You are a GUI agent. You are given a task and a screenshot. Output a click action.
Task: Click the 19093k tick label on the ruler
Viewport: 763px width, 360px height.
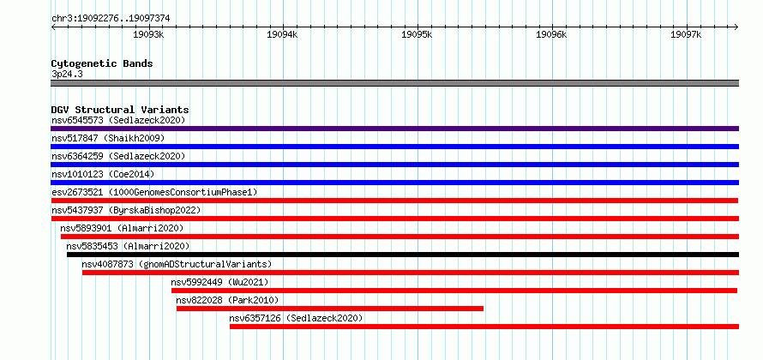[x=148, y=34]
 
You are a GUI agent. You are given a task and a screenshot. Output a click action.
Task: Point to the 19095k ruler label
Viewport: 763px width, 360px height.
[x=417, y=34]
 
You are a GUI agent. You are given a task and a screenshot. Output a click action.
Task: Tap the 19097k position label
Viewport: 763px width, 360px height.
[x=686, y=34]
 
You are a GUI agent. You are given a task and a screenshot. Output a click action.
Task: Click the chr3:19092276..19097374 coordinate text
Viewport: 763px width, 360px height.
[x=111, y=19]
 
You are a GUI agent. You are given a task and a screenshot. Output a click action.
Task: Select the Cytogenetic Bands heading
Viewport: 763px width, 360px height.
[x=102, y=63]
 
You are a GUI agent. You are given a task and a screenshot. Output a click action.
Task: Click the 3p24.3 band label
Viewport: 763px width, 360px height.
[x=66, y=75]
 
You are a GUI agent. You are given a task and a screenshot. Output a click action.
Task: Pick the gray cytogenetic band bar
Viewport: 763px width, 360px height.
[x=394, y=83]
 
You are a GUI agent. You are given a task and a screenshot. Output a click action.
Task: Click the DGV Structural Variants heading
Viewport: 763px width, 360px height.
[x=120, y=110]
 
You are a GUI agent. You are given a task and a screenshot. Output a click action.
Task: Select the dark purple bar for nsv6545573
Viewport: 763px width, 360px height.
[x=394, y=129]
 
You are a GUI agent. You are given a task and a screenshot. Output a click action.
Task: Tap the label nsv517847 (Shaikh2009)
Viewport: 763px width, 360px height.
[x=108, y=138]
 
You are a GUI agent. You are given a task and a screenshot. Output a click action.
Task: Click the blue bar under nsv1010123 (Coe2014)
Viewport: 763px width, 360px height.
[x=394, y=183]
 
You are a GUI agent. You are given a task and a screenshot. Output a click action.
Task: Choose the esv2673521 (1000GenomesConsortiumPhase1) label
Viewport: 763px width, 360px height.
[x=154, y=192]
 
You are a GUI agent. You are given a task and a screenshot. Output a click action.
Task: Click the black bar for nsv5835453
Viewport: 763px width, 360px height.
[x=403, y=255]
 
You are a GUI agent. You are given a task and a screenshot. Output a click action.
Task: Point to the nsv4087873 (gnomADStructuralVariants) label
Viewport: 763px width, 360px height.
[x=177, y=264]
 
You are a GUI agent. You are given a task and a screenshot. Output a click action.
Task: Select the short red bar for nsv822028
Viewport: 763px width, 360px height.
[x=330, y=309]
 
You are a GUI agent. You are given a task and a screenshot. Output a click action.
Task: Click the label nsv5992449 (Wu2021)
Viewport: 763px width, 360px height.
[x=219, y=282]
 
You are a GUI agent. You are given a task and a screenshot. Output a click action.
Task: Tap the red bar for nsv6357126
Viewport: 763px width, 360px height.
[x=484, y=327]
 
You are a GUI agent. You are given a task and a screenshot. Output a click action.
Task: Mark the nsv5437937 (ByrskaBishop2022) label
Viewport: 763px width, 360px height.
[x=126, y=210]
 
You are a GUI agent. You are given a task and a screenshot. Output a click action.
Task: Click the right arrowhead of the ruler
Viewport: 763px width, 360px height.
[x=737, y=27]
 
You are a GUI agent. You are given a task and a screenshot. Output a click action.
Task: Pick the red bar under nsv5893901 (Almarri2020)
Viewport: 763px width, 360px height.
[x=400, y=237]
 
